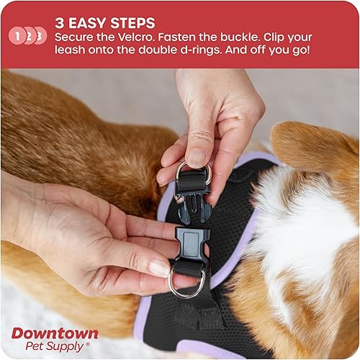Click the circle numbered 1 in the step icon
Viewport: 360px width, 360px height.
point(17,35)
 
